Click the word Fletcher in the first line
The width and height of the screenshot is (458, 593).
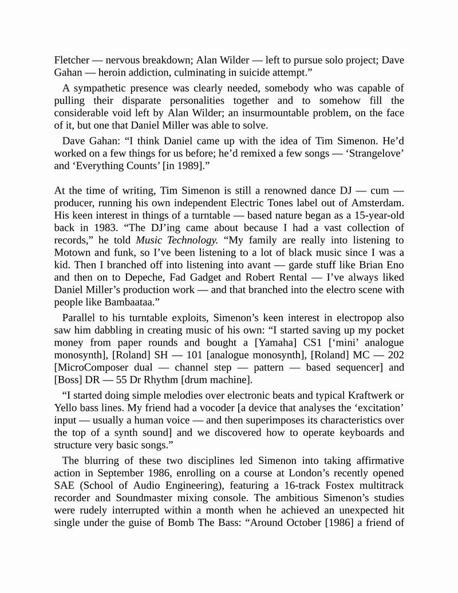point(72,60)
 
